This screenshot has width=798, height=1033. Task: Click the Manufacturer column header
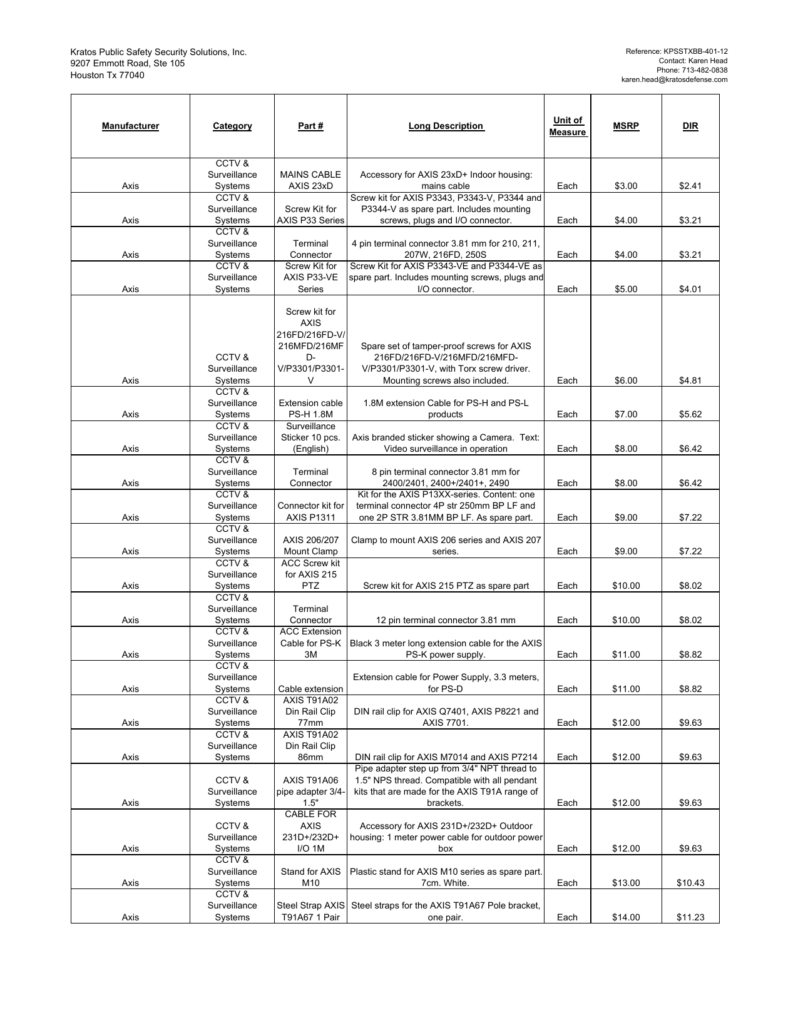click(x=130, y=126)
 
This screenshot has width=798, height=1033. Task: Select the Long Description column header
click(x=446, y=126)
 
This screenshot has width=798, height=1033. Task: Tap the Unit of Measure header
click(x=567, y=126)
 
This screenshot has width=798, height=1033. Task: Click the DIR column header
click(x=690, y=126)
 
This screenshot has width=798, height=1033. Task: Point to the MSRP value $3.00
click(x=626, y=186)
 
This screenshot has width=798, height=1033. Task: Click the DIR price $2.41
click(x=690, y=186)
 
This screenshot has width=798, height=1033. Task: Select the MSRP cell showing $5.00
click(x=626, y=289)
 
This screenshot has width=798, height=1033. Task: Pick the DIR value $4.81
click(x=690, y=380)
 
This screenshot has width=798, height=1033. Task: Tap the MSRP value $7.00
click(x=626, y=414)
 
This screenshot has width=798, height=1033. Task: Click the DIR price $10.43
click(x=690, y=883)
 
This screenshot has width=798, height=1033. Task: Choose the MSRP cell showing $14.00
click(x=626, y=917)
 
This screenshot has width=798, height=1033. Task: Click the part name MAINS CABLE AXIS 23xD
click(x=310, y=180)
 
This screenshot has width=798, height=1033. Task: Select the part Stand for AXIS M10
click(x=310, y=877)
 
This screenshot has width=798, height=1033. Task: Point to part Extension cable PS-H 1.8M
click(x=310, y=409)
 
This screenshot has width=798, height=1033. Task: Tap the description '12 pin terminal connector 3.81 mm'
click(x=446, y=620)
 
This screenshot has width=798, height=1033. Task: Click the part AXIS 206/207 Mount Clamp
click(x=310, y=546)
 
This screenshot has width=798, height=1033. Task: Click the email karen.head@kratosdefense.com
click(x=674, y=79)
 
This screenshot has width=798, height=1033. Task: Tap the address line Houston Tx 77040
click(x=107, y=75)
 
